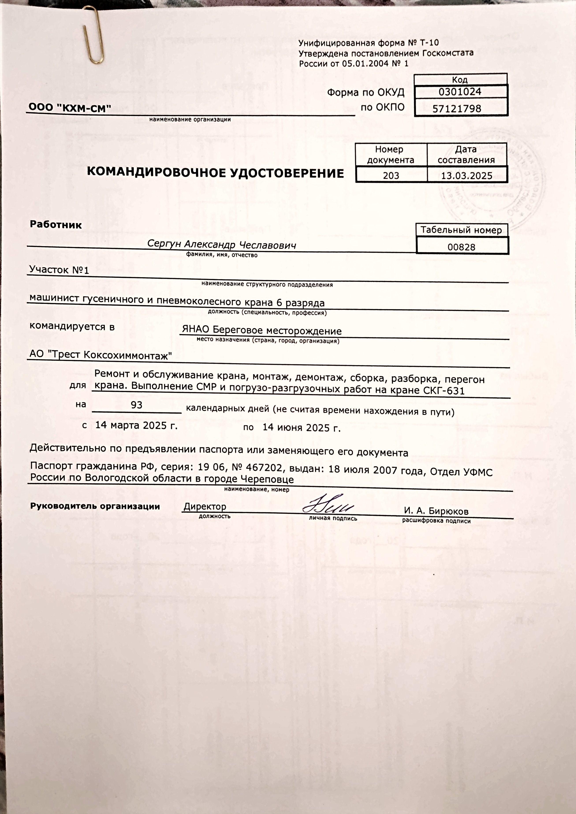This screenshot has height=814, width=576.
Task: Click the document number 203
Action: [x=391, y=175]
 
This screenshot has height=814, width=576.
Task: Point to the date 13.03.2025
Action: [x=467, y=175]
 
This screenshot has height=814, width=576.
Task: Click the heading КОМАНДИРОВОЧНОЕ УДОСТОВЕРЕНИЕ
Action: [x=215, y=173]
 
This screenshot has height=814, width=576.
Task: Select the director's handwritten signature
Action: [x=328, y=504]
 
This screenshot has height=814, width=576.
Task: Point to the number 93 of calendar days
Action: [x=136, y=405]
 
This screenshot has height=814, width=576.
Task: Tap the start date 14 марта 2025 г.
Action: [x=136, y=425]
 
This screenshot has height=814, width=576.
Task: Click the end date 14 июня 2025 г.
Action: [x=302, y=427]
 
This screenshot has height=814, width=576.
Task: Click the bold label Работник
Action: [x=56, y=224]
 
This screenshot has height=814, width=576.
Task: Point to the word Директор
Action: [x=205, y=507]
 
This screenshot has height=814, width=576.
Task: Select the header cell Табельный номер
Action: [x=461, y=230]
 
